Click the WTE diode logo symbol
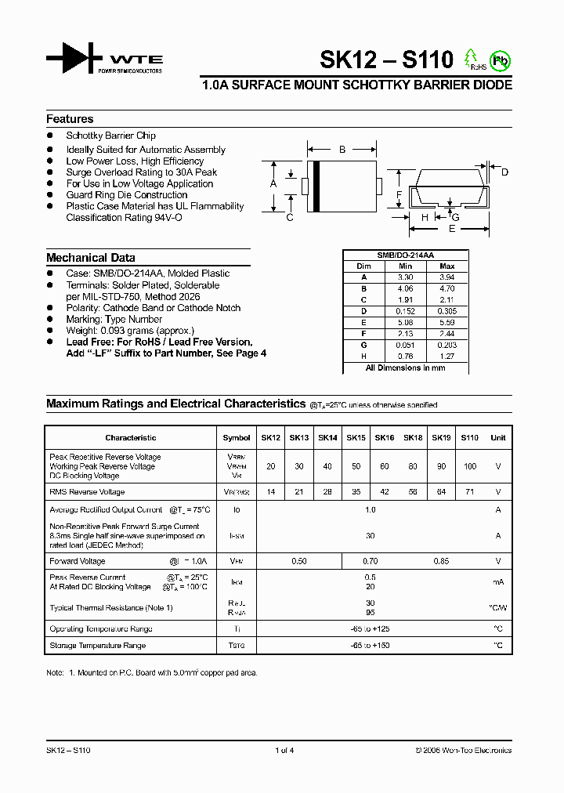75,59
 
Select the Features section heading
70,119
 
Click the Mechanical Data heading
90,258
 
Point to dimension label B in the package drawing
342,149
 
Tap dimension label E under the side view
452,229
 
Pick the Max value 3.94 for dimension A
447,277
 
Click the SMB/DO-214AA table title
406,255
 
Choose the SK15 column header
356,438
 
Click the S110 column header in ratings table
469,438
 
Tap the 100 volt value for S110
469,466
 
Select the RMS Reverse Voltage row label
87,492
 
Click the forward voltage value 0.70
371,561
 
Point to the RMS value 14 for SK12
270,492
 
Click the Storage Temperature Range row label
97,646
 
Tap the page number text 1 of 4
284,750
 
